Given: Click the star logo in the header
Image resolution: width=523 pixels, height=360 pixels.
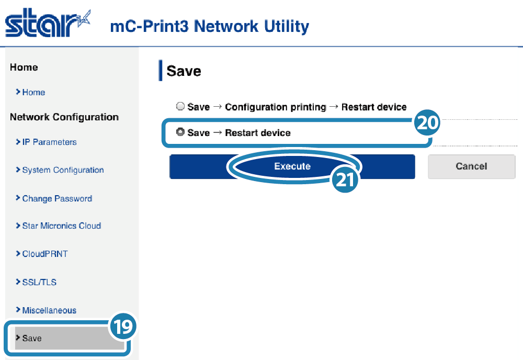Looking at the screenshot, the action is pyautogui.click(x=48, y=22).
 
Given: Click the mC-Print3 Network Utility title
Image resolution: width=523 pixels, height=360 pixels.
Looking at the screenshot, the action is pyautogui.click(x=210, y=26).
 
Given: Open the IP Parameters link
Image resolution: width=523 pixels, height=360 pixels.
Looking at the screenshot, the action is pyautogui.click(x=49, y=142).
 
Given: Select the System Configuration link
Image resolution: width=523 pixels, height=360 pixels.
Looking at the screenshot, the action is pyautogui.click(x=63, y=170).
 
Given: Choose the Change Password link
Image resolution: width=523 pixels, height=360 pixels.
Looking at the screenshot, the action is pyautogui.click(x=57, y=198).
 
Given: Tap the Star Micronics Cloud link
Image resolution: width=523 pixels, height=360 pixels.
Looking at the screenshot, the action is pyautogui.click(x=61, y=226).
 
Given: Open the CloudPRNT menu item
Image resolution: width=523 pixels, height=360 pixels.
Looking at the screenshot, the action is pyautogui.click(x=44, y=254).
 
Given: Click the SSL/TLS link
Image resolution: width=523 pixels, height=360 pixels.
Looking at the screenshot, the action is pyautogui.click(x=39, y=282).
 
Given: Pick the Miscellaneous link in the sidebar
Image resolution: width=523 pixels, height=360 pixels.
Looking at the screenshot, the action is pyautogui.click(x=49, y=310).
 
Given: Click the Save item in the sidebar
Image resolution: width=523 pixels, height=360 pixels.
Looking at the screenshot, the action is pyautogui.click(x=32, y=339).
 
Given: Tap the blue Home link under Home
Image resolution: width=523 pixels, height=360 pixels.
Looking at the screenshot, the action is pyautogui.click(x=33, y=93).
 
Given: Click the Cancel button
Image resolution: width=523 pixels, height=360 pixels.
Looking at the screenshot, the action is pyautogui.click(x=472, y=166).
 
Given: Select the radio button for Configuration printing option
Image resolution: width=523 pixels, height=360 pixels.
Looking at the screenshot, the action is pyautogui.click(x=180, y=106).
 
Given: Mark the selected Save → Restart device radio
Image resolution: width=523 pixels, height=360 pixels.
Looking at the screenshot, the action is pyautogui.click(x=180, y=132).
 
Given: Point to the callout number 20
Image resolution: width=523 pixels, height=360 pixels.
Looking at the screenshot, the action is pyautogui.click(x=427, y=122).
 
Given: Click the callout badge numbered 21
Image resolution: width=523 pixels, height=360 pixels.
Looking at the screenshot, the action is pyautogui.click(x=345, y=179).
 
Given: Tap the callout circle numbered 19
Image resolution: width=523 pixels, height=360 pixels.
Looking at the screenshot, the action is pyautogui.click(x=123, y=327).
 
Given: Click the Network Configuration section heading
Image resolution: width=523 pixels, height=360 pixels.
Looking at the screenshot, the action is pyautogui.click(x=64, y=117).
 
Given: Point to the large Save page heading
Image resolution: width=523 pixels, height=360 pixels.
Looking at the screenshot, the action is pyautogui.click(x=184, y=71).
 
